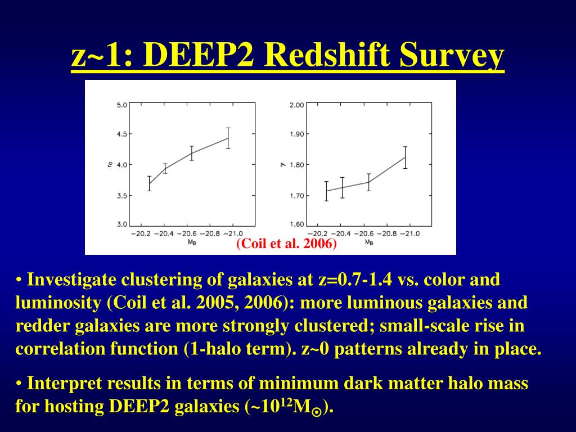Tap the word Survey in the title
[452, 55]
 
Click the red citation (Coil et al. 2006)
[286, 244]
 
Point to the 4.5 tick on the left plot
[122, 134]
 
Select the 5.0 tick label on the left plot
[122, 105]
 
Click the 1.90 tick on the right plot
[297, 134]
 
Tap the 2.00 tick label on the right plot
[297, 105]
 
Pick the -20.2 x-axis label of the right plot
[317, 233]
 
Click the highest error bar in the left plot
[228, 138]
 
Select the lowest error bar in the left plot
[150, 184]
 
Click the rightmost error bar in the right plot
[405, 157]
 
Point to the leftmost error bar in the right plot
[326, 191]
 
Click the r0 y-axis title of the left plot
[110, 165]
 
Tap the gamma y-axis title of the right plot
[283, 165]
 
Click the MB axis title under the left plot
[192, 242]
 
